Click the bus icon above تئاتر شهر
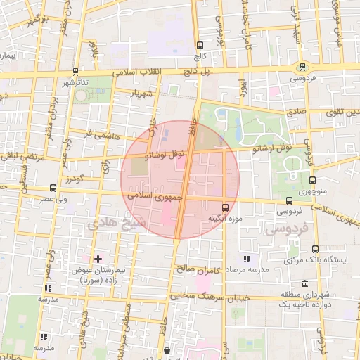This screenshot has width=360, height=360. (75, 72)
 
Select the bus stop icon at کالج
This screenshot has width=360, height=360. (200, 43)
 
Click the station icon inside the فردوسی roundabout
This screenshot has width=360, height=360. (302, 67)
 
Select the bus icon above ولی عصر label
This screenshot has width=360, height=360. (53, 188)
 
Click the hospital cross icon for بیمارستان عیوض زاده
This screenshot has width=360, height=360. (98, 259)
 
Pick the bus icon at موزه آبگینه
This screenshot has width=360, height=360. (225, 207)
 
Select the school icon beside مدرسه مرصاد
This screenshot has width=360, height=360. (246, 259)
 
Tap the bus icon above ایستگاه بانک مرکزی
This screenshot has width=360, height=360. (314, 249)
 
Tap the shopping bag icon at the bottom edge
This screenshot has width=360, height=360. (166, 349)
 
